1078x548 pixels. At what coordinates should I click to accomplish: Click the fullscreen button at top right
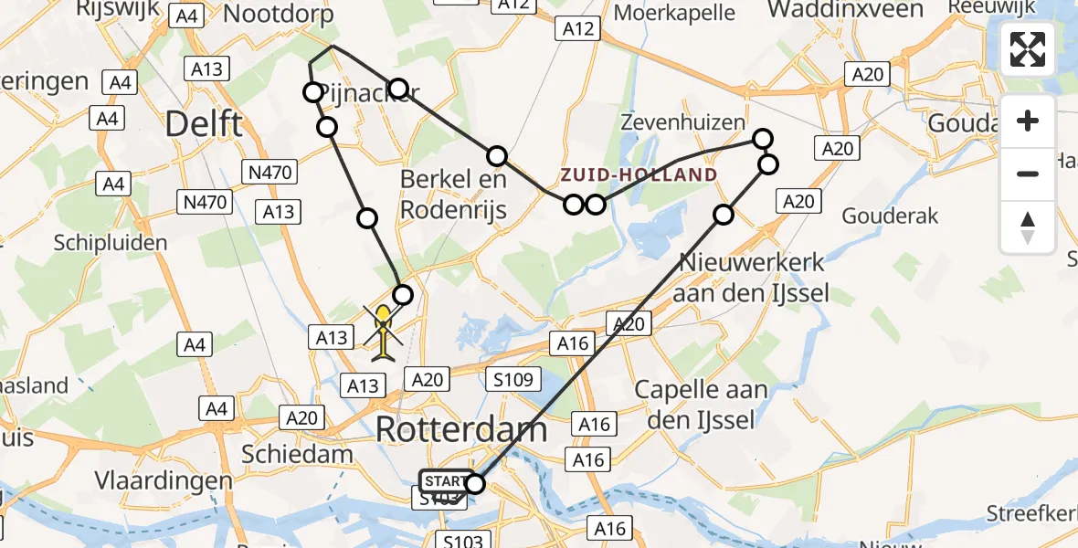point(1028,49)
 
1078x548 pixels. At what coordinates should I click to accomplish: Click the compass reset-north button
point(1028,227)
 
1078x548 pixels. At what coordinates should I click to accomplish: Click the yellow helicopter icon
point(384,332)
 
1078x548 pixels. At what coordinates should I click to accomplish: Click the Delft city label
point(204,124)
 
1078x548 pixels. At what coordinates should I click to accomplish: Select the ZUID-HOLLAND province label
point(639,174)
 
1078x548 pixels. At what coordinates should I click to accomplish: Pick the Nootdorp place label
point(278,14)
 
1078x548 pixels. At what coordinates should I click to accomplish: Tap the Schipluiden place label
point(111,243)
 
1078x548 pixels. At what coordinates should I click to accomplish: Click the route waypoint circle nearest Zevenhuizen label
point(763,139)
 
